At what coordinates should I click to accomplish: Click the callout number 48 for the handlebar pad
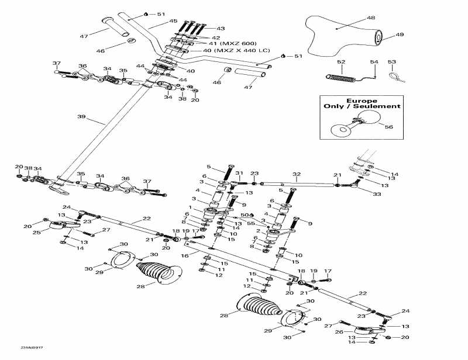(371, 18)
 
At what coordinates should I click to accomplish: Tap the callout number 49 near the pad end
(400, 34)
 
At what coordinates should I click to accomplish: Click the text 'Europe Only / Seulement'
(362, 103)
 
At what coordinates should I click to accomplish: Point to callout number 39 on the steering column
(81, 116)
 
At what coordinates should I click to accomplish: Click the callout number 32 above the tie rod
(296, 174)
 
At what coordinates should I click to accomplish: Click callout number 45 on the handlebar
(173, 21)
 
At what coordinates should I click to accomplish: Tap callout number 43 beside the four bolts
(220, 28)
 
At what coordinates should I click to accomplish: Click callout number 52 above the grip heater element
(340, 61)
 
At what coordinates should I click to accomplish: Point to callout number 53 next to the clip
(391, 61)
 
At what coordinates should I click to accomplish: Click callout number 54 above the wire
(374, 61)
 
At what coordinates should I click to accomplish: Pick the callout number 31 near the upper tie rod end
(239, 173)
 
